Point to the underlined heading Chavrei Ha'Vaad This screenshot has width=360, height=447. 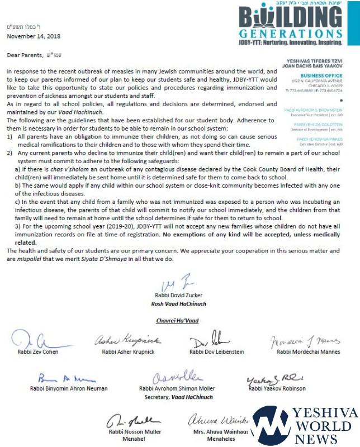177,320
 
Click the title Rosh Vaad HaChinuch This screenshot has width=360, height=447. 177,303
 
